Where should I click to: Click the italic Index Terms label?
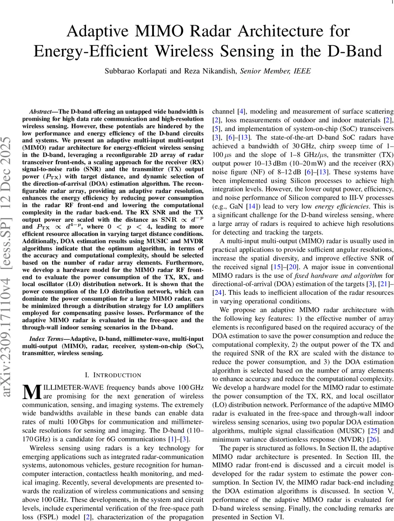(47, 338)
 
